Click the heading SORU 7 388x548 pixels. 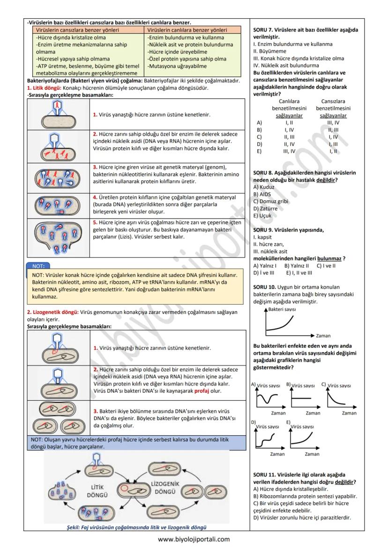click(x=265, y=30)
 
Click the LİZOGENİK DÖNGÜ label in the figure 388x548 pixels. click(x=165, y=487)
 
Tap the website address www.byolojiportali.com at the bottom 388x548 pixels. click(x=194, y=539)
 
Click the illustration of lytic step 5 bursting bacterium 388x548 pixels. click(x=58, y=238)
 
